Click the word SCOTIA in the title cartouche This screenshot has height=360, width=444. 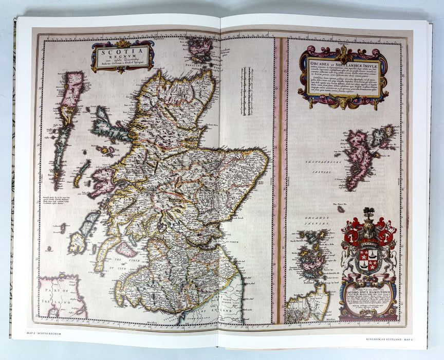(122, 52)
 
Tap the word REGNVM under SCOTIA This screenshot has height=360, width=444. (122, 58)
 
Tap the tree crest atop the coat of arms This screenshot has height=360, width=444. (368, 212)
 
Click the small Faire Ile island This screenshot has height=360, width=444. (341, 209)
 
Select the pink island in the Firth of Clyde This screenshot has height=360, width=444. (125, 250)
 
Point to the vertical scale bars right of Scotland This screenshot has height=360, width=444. (246, 98)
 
